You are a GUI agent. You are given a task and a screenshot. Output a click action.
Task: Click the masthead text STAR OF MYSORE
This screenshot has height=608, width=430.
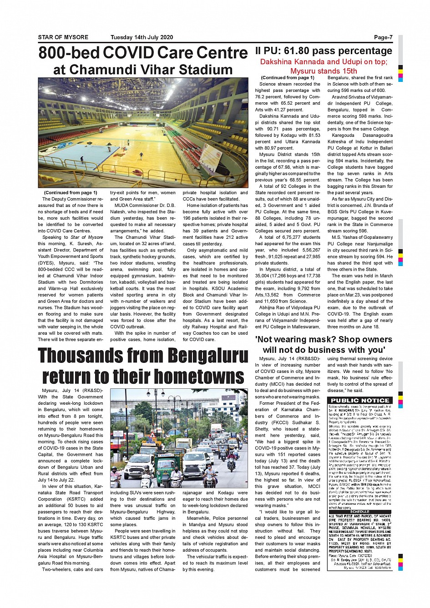[63, 37]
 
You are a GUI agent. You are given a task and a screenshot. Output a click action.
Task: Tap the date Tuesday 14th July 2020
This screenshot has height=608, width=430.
[142, 37]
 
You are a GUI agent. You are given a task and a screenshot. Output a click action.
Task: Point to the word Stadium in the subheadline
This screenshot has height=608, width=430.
[205, 70]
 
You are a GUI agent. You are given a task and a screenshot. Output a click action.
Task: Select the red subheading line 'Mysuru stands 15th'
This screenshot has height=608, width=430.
[324, 70]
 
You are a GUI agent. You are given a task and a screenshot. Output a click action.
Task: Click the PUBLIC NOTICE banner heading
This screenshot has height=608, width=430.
[360, 400]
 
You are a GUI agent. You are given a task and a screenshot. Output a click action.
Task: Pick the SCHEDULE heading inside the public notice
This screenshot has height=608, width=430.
[359, 512]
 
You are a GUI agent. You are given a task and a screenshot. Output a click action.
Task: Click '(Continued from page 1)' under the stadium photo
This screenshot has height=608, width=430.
[71, 192]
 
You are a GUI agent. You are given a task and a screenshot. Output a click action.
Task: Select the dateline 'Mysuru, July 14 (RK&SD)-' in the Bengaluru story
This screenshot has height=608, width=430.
[72, 390]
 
